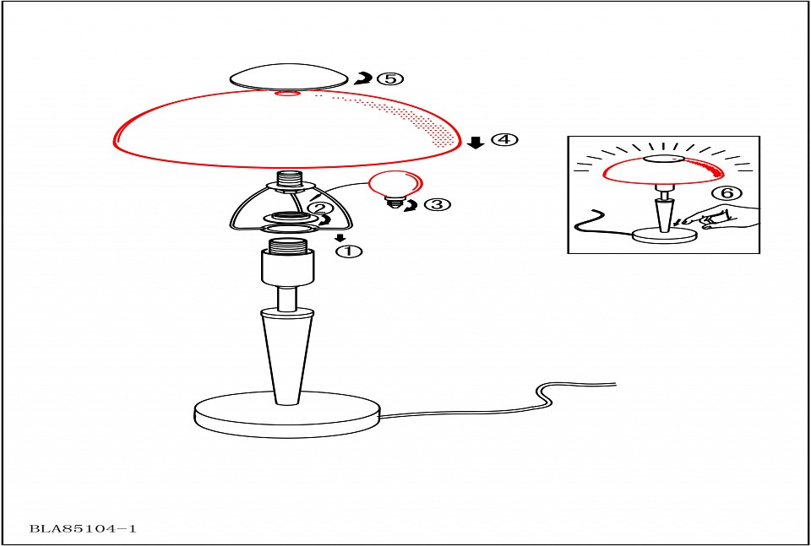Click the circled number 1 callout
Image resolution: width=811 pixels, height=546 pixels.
(349, 251)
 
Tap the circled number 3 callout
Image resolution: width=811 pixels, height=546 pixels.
(437, 204)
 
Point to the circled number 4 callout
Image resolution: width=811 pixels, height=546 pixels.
(503, 139)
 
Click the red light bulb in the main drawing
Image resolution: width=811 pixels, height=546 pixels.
(395, 188)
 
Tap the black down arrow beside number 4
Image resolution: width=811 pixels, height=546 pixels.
(476, 141)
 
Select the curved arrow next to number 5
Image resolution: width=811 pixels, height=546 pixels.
(362, 78)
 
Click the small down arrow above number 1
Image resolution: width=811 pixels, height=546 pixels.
(340, 238)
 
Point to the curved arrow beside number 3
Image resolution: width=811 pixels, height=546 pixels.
(411, 206)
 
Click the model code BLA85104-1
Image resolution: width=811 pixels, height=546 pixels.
(83, 528)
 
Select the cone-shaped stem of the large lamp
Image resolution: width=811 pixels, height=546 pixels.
(287, 356)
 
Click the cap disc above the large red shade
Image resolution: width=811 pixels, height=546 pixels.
(288, 77)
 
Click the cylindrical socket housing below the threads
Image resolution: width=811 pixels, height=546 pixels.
(287, 267)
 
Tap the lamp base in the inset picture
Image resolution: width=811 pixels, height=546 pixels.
(665, 235)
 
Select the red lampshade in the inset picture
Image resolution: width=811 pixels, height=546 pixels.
(664, 172)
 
